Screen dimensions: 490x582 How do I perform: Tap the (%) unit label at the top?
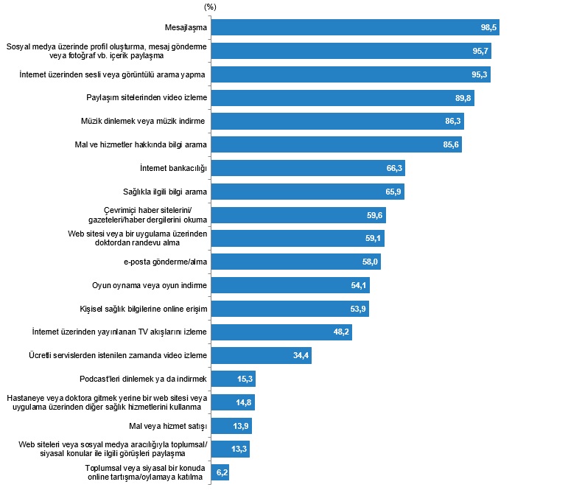211,7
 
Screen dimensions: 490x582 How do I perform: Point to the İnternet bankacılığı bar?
308,168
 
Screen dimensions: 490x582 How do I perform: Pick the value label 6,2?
220,472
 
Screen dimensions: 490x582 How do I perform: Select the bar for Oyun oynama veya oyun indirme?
290,285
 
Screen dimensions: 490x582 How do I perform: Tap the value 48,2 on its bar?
341,332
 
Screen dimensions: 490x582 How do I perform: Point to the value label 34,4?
301,356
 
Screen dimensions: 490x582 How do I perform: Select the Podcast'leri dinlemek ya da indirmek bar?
233,379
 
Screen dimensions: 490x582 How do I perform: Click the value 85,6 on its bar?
452,145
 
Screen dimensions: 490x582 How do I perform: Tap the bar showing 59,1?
298,239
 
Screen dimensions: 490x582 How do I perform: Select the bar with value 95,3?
351,74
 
